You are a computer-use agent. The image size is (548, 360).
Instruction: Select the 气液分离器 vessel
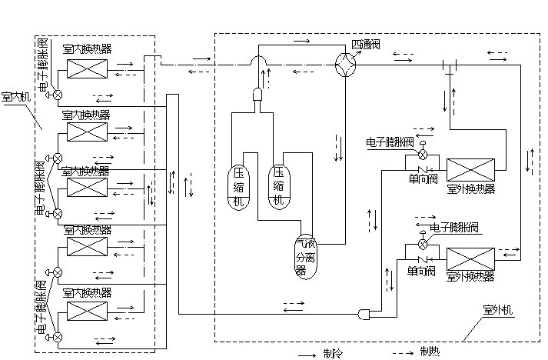pos(306,257)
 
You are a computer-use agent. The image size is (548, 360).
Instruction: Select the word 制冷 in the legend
pos(334,353)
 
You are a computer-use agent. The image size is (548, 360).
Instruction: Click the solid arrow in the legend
pos(308,353)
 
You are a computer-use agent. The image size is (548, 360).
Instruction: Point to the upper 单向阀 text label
pos(423,179)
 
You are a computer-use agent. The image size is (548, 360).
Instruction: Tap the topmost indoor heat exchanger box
pos(87,67)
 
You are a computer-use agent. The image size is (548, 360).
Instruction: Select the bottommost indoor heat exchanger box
pos(87,311)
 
